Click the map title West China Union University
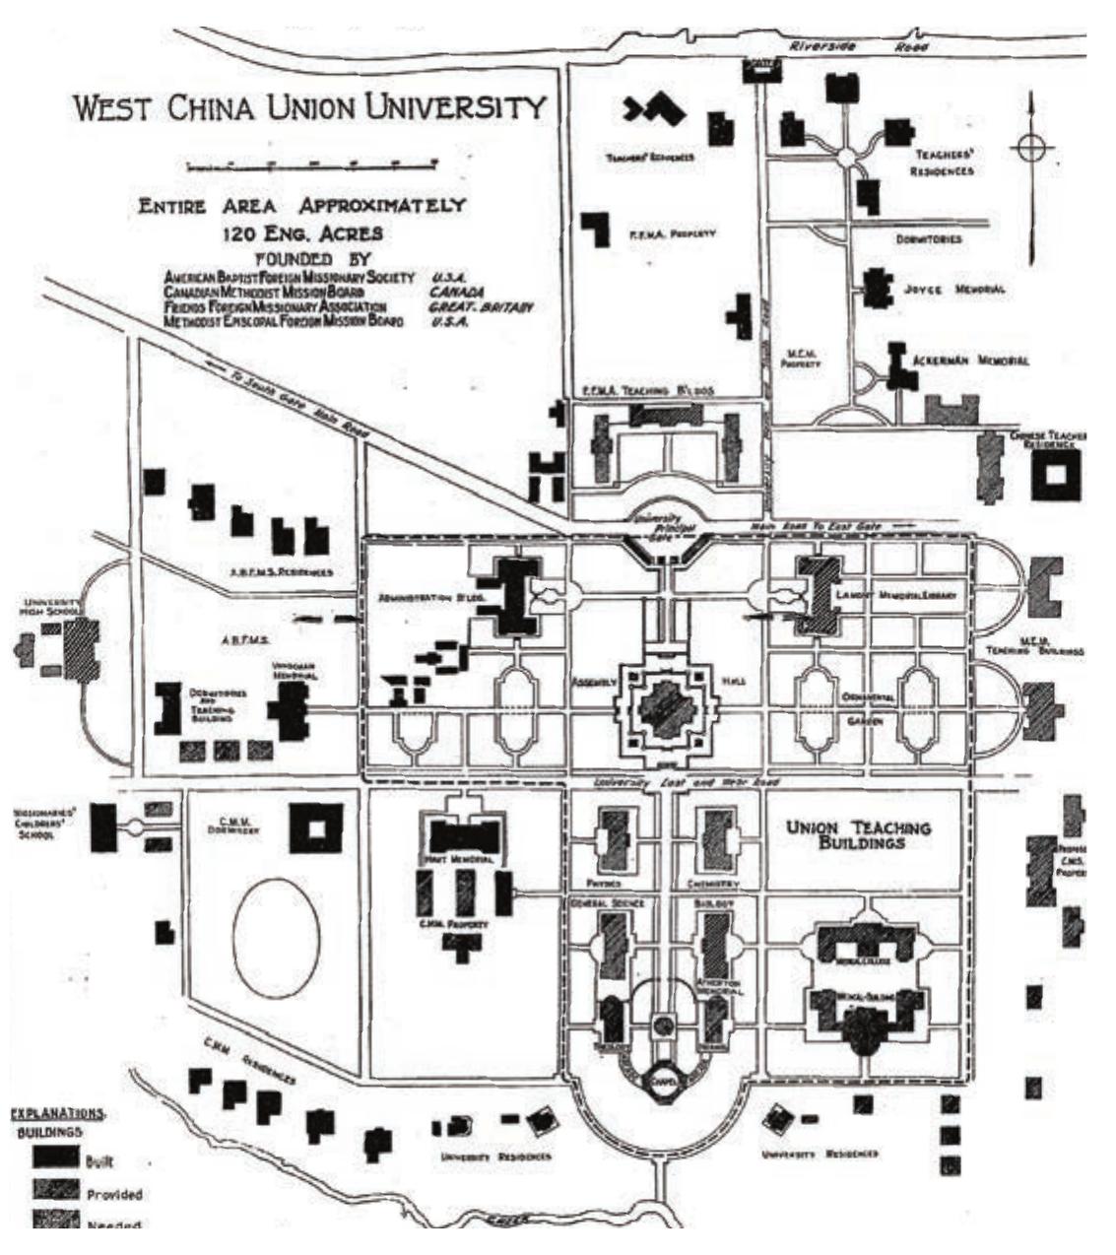309,108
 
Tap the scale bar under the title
305,164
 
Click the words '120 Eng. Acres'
303,234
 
